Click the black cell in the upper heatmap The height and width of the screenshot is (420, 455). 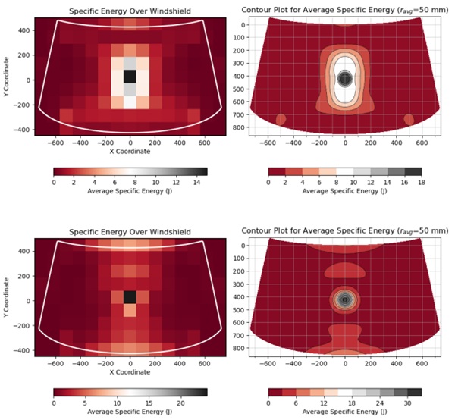tap(130, 77)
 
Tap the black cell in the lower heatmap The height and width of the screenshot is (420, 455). tap(130, 296)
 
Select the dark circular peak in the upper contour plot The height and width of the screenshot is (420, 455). tap(345, 77)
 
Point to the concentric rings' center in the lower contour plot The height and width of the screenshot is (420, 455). tap(345, 299)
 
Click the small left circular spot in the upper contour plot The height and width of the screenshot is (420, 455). tap(281, 120)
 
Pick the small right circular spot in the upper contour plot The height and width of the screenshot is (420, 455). tap(409, 120)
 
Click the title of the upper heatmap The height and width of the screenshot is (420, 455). tap(130, 11)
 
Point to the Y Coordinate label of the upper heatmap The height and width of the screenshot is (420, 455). tap(8, 80)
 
